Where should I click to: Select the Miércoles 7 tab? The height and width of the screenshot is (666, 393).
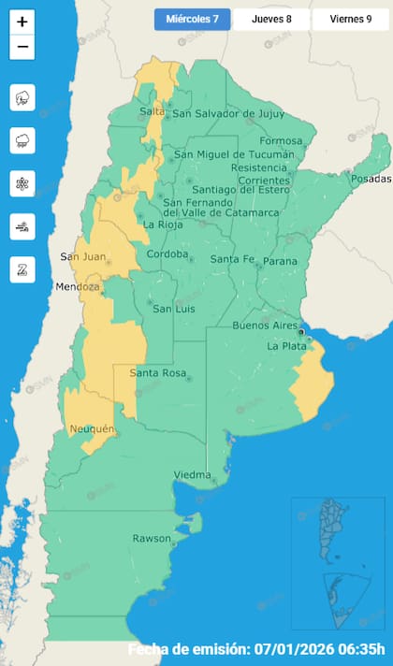[x=192, y=20]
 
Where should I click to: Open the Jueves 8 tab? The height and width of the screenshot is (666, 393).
[x=270, y=20]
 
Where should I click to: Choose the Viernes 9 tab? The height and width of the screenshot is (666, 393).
[x=350, y=20]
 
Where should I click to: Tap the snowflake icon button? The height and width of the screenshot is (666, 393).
[x=22, y=183]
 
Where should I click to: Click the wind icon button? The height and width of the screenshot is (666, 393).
[x=22, y=226]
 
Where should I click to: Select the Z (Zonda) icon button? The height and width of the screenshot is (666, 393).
[x=22, y=269]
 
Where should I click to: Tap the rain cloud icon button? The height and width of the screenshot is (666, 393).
[x=22, y=140]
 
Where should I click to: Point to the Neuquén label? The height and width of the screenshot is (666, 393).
[x=92, y=429]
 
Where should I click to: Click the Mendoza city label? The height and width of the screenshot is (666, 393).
[x=77, y=286]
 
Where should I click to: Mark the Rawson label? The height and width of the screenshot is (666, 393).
[x=152, y=538]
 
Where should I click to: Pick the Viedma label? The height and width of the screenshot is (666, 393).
[x=193, y=475]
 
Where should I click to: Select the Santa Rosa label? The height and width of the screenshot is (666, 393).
[x=155, y=374]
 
